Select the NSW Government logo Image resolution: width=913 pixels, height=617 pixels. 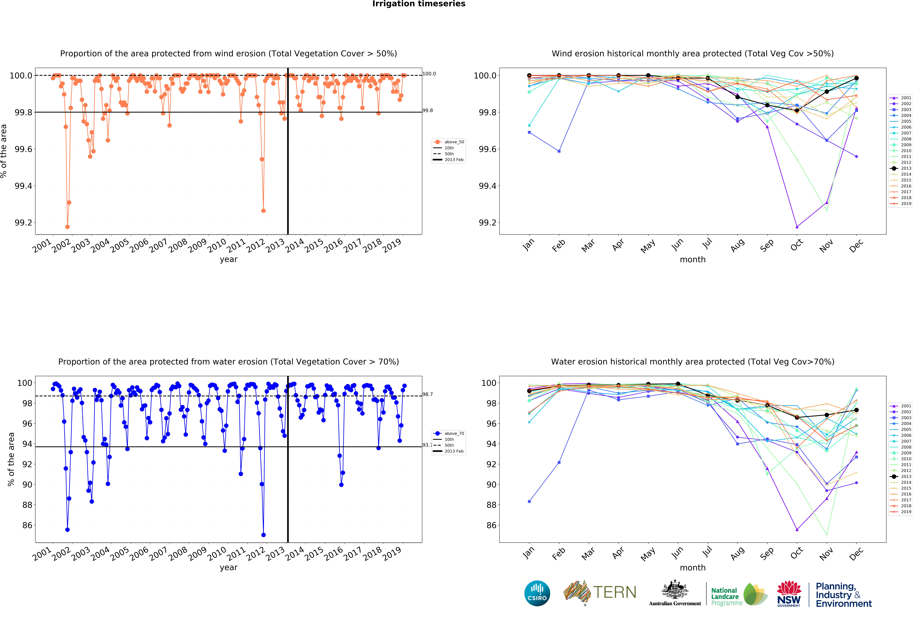point(789,593)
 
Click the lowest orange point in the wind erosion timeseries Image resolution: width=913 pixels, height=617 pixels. point(68,227)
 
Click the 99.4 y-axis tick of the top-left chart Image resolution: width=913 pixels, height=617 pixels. point(23,186)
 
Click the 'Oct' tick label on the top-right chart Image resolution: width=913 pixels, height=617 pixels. point(796,245)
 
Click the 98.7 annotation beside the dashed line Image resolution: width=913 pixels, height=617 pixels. point(427,394)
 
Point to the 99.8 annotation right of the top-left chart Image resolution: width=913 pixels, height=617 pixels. point(427,110)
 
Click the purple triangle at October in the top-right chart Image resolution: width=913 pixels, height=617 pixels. point(797,227)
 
